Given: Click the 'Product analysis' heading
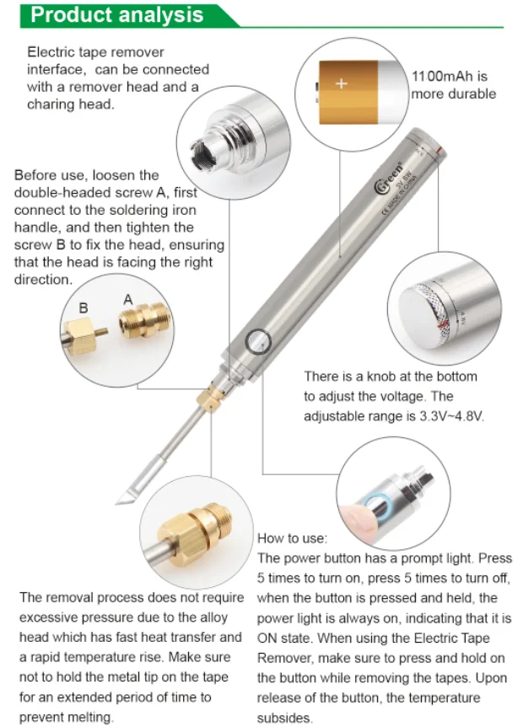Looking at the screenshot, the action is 116,15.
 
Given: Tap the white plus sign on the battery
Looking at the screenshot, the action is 342,83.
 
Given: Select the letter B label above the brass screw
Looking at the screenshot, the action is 84,307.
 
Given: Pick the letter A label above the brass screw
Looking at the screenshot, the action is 128,300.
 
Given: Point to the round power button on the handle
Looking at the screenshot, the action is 258,342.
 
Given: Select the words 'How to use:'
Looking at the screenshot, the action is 292,538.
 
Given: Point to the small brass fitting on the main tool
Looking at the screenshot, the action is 208,398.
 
